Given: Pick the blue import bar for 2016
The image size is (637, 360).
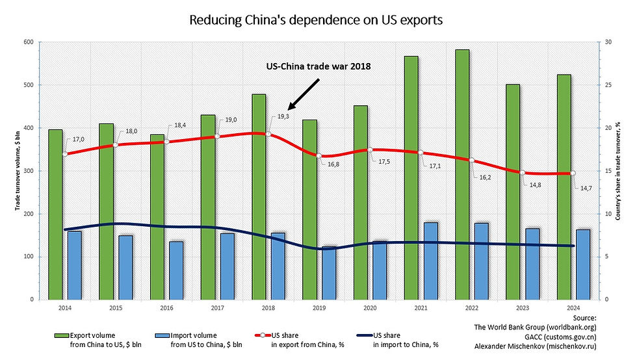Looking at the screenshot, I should click(x=177, y=270).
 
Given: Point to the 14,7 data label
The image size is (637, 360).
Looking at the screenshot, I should click(x=585, y=188).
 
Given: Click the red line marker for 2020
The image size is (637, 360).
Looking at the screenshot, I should click(x=370, y=150).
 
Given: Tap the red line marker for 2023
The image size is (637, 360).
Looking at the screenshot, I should click(x=521, y=173).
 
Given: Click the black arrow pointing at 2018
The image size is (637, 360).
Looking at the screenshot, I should click(x=304, y=94).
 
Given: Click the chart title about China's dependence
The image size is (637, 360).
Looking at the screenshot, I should click(x=315, y=20).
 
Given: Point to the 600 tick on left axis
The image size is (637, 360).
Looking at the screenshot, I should click(x=28, y=42).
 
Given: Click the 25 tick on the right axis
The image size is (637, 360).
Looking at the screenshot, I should click(x=608, y=85).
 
